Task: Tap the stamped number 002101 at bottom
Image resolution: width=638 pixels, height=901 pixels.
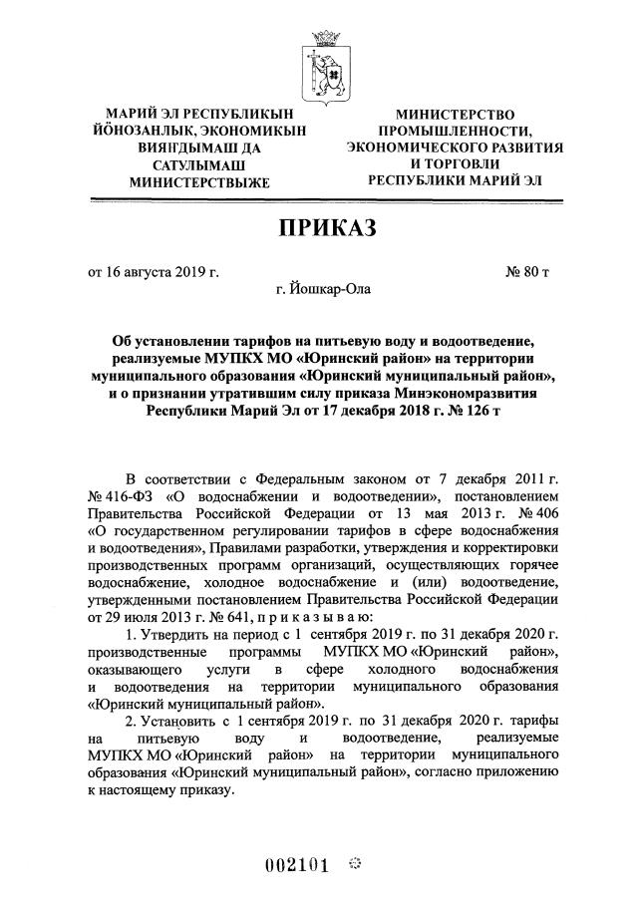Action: click(297, 864)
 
